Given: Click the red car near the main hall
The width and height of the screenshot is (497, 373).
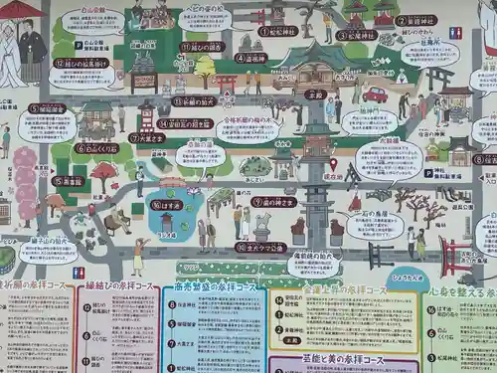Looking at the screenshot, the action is point(375,94).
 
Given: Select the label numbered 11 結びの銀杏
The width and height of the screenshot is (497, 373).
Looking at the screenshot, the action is point(202,46).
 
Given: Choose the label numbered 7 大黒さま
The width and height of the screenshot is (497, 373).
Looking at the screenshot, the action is point(146,137).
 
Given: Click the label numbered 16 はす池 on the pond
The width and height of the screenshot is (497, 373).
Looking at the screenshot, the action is point(167,204).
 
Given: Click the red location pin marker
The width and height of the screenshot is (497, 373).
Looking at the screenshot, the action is point(333,163).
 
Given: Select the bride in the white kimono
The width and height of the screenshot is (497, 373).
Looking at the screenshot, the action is point(11,58).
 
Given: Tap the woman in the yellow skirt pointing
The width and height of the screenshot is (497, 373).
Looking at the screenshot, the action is point(137,256).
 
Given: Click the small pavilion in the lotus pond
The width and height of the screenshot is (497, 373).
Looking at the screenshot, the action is point(167,221).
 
